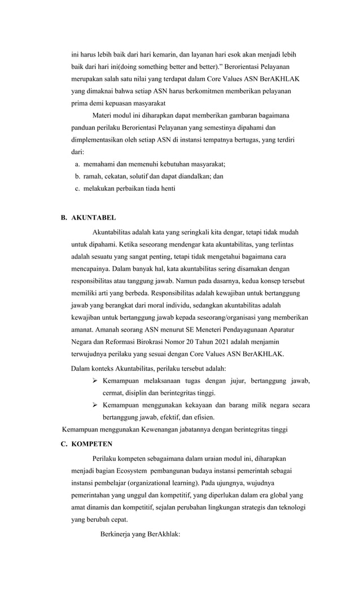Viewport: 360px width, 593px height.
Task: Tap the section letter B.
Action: point(64,217)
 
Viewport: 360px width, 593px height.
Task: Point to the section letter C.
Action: point(64,444)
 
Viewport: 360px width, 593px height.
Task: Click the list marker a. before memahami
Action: point(77,164)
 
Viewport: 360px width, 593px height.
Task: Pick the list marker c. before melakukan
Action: point(77,188)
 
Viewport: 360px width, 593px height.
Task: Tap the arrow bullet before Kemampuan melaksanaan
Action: point(95,381)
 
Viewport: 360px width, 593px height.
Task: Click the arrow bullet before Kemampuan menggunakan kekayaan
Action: point(95,406)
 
